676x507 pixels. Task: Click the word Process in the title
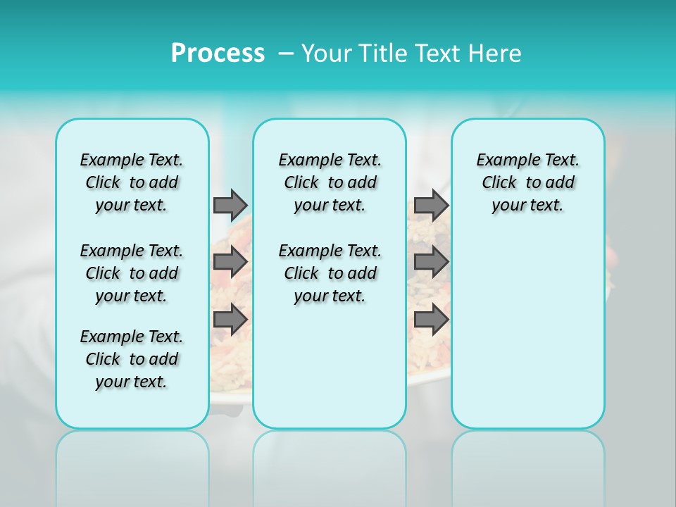(218, 54)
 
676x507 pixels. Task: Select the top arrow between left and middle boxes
(230, 205)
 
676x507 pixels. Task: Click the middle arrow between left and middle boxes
(230, 262)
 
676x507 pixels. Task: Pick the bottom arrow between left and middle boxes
(230, 320)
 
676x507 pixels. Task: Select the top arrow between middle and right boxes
(431, 205)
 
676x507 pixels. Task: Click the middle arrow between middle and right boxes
(431, 262)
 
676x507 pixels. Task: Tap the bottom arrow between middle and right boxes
(431, 320)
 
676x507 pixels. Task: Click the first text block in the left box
(132, 182)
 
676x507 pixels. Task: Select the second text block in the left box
(132, 273)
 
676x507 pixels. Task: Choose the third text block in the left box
(132, 359)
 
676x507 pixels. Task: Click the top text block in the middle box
(330, 182)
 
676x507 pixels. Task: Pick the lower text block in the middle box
(330, 273)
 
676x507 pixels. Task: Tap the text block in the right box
(527, 182)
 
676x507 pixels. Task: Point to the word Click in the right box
(499, 183)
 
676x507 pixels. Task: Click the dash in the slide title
(286, 54)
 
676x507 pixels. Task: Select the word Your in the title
(327, 54)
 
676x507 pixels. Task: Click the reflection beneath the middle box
(330, 465)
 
